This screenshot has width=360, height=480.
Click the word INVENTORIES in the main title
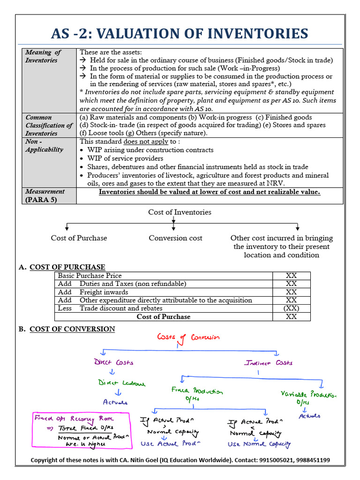tap(260, 34)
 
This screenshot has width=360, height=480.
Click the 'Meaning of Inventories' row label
tap(43, 56)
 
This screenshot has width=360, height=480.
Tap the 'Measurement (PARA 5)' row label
tap(45, 195)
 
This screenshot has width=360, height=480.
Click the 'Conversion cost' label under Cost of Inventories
tap(175, 238)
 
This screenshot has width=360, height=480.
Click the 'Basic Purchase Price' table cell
tap(90, 276)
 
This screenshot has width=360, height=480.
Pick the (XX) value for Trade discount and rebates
tap(291, 308)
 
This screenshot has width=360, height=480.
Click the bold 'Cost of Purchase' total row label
tap(163, 317)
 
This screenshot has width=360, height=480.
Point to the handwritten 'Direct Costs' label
tap(114, 362)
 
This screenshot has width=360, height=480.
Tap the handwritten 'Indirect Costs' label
tap(269, 363)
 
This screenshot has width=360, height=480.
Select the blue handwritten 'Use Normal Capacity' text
tap(259, 444)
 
